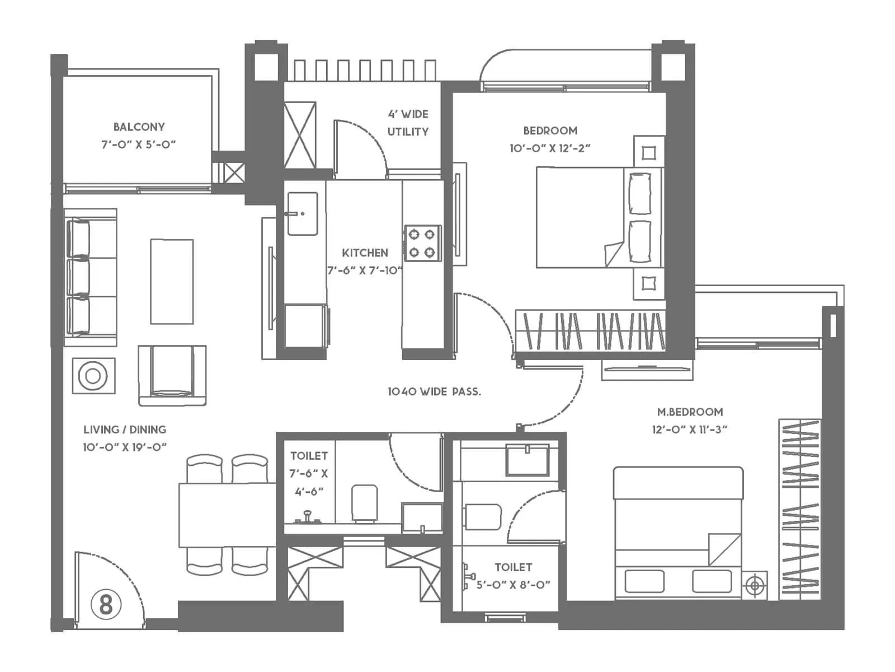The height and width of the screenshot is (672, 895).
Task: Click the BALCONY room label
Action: [139, 127]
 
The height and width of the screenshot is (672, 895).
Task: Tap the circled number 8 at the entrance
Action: [106, 605]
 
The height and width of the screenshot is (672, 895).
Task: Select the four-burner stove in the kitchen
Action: [422, 243]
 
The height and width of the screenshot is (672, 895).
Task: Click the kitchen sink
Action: [302, 213]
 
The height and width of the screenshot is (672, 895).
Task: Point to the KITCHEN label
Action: [365, 253]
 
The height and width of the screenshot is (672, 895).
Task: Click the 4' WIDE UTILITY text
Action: [408, 123]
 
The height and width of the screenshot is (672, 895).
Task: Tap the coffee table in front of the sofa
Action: [172, 282]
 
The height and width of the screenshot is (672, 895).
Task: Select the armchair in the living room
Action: [172, 374]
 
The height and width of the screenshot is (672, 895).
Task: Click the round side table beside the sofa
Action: [93, 376]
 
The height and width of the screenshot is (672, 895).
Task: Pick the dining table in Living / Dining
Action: [227, 515]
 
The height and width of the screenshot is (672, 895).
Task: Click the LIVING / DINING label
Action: [125, 430]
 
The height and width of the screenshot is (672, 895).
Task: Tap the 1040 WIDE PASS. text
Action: [434, 391]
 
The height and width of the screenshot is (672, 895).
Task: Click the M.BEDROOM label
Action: [690, 412]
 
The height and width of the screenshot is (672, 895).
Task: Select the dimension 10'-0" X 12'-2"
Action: [550, 148]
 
